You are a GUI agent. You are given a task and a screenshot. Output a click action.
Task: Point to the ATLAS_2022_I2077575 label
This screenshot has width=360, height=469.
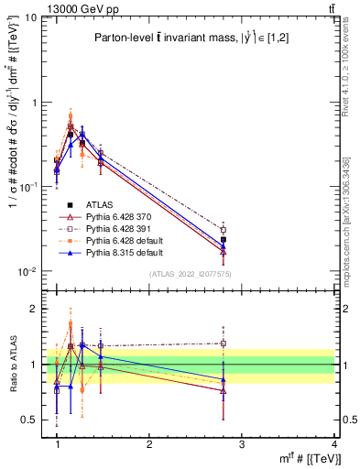coord(190,274)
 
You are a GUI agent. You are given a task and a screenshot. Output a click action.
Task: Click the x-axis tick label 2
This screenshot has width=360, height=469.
coord(149,444)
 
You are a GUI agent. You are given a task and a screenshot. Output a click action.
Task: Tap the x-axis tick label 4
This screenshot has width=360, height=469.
coord(334,444)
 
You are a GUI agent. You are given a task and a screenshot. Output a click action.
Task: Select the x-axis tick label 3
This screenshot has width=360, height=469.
coord(242,444)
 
